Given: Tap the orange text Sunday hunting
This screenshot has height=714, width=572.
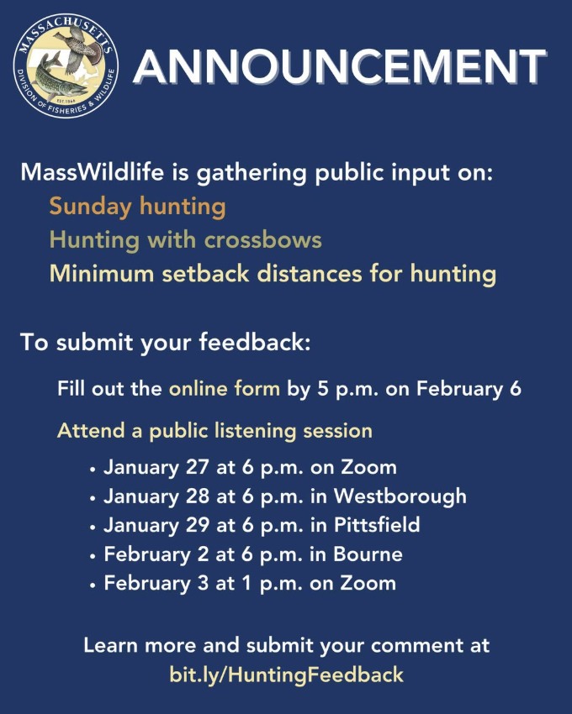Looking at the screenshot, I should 137,206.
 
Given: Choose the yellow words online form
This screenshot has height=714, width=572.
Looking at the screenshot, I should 225,389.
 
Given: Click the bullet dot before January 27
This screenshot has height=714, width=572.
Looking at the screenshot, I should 93,468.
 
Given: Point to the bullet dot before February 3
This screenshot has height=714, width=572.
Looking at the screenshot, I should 93,584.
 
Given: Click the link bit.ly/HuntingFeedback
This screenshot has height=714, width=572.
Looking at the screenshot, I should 286,674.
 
